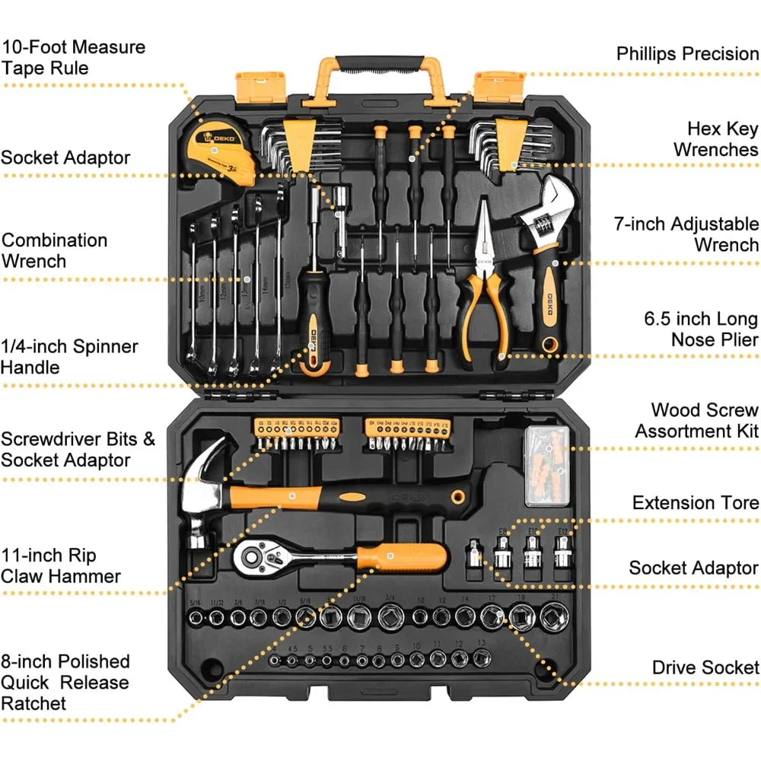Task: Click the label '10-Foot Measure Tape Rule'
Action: click(x=73, y=57)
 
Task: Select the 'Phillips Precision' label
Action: click(x=687, y=53)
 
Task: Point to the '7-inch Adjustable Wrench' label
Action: click(x=686, y=234)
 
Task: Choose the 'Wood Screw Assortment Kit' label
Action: click(x=697, y=421)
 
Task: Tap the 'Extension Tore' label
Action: click(x=696, y=503)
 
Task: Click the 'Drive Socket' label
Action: click(x=705, y=667)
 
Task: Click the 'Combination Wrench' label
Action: click(x=55, y=250)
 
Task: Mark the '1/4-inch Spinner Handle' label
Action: click(x=69, y=357)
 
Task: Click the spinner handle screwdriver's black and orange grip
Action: click(x=314, y=327)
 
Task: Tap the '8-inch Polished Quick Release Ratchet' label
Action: click(x=65, y=682)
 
